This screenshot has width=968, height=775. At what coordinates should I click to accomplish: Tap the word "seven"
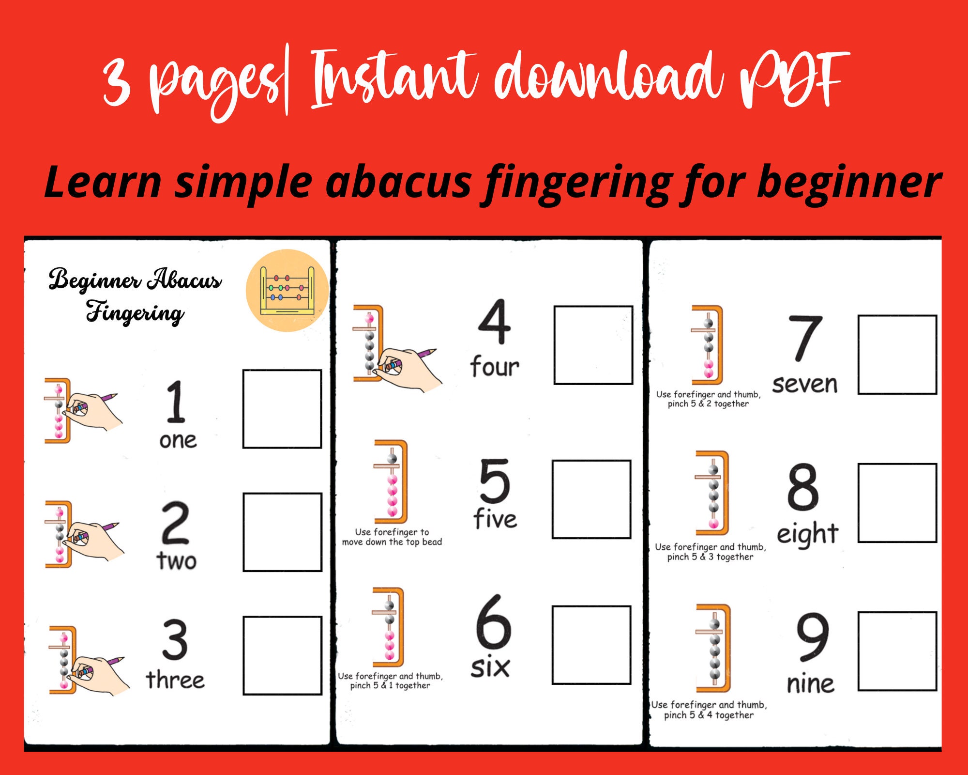804,385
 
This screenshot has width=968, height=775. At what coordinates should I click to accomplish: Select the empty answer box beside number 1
282,409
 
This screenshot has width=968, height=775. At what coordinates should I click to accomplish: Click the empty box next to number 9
897,651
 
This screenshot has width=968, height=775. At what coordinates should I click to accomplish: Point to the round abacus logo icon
287,290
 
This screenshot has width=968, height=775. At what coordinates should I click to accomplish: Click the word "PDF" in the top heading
794,80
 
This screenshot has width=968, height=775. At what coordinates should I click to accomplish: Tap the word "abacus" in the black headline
398,182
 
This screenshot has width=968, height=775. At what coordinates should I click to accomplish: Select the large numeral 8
802,487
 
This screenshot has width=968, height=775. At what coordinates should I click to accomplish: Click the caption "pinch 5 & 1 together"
390,685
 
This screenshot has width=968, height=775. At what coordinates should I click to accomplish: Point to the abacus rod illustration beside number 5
391,481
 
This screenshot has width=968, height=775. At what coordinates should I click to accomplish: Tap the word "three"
175,680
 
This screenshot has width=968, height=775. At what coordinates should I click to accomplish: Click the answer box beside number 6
591,645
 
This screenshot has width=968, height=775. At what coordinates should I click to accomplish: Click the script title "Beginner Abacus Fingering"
135,295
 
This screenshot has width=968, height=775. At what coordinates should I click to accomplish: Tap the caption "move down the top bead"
392,542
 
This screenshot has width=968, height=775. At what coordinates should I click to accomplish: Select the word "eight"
807,534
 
